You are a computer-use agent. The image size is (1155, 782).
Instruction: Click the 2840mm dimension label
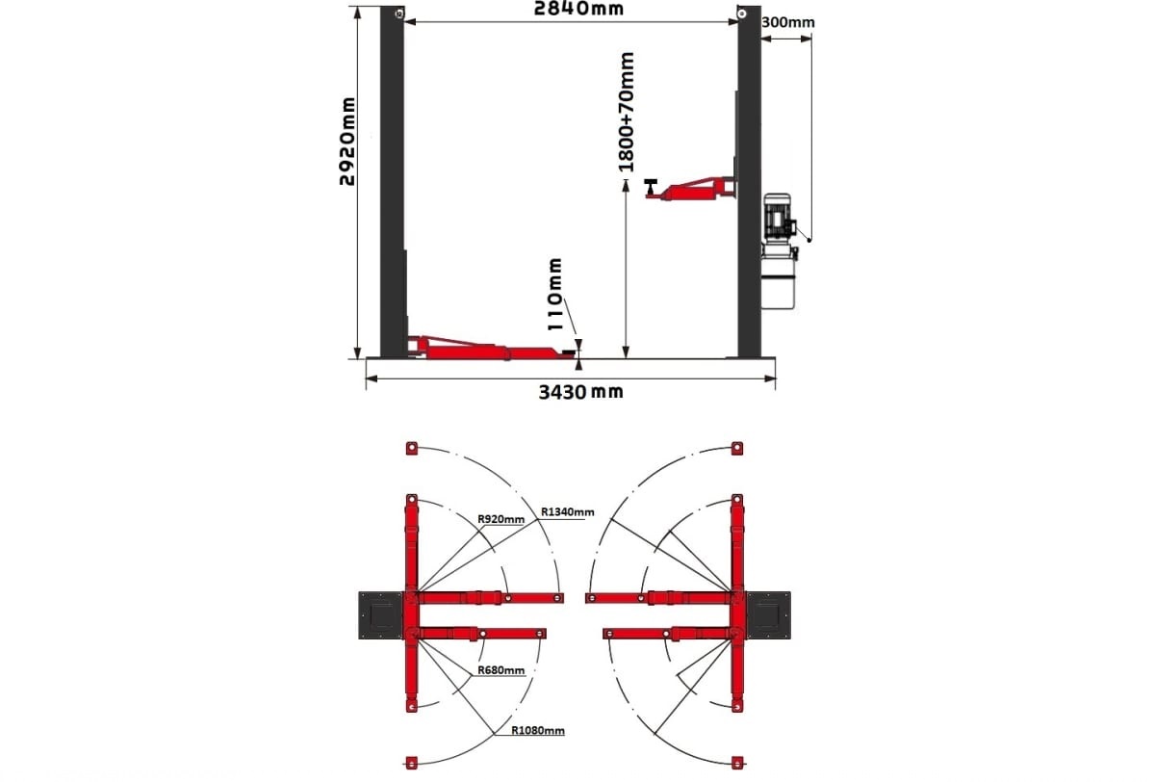click(x=578, y=9)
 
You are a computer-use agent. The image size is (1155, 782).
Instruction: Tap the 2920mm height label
click(x=347, y=142)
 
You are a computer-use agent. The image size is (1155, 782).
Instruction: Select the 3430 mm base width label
click(x=581, y=392)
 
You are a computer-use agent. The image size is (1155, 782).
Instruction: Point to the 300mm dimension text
click(x=788, y=23)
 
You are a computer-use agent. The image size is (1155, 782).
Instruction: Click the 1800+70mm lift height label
click(x=626, y=112)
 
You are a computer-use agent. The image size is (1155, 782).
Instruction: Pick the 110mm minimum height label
click(x=554, y=294)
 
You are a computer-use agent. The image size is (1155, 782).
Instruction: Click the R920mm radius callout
click(x=500, y=519)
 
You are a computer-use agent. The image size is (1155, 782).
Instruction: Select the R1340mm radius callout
click(x=567, y=511)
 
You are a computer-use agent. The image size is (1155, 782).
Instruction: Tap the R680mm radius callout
click(x=500, y=670)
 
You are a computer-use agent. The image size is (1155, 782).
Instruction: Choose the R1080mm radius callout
click(x=538, y=730)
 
